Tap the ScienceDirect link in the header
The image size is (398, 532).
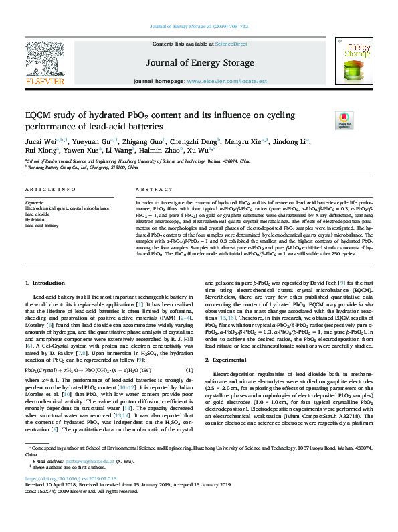point(231,44)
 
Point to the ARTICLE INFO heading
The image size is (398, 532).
point(49,172)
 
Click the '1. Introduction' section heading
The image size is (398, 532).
point(45,283)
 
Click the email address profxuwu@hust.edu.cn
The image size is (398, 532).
point(72,480)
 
